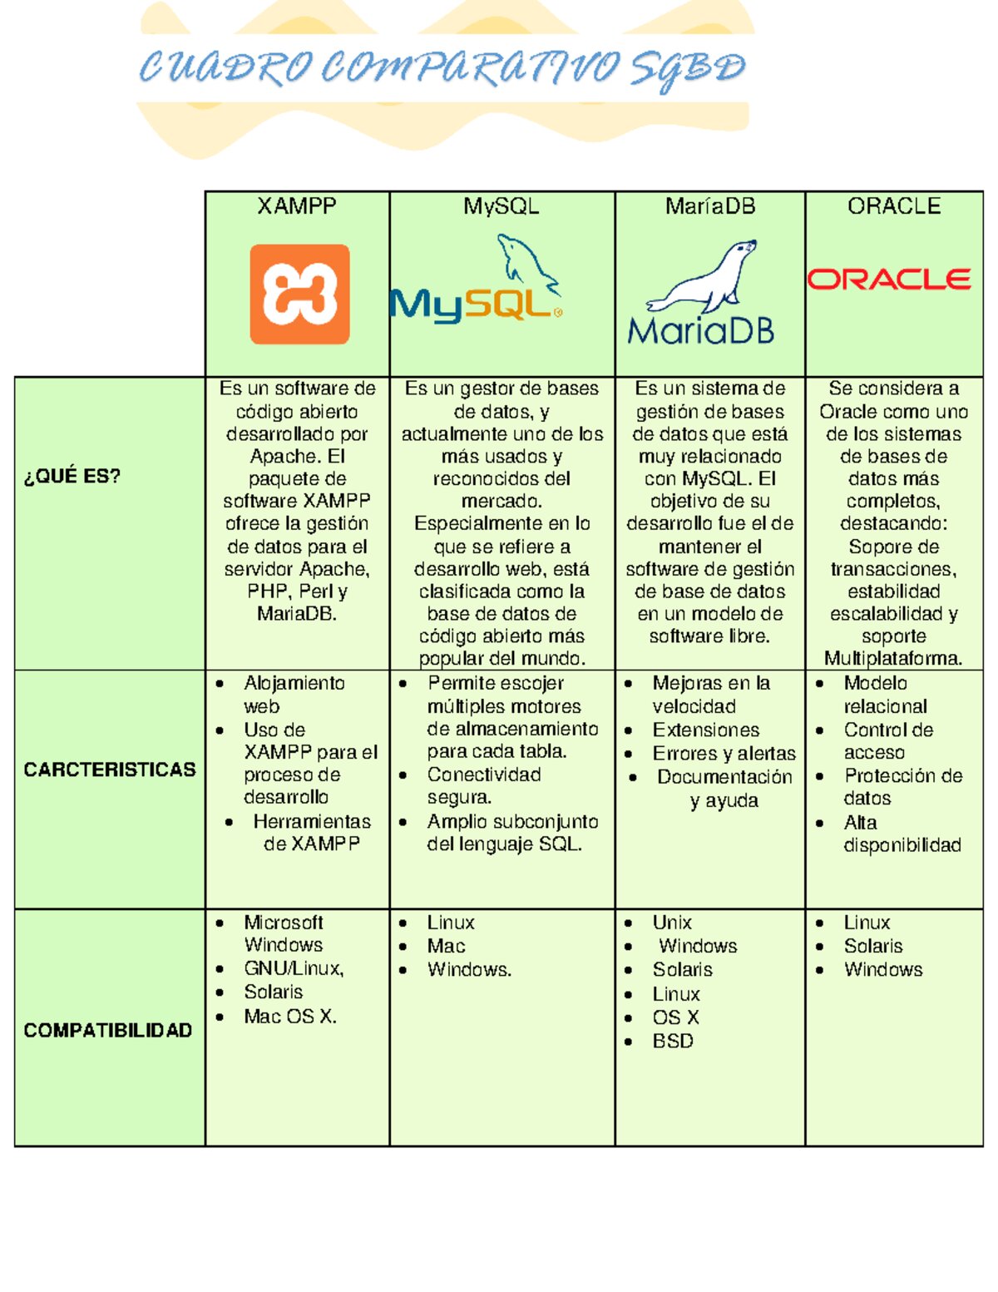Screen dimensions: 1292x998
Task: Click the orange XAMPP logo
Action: (x=299, y=294)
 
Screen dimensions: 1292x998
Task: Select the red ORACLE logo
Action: (x=889, y=279)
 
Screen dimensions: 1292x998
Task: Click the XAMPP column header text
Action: (x=297, y=206)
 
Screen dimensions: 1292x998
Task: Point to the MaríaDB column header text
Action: (x=710, y=206)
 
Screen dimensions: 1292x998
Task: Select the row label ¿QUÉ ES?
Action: (x=72, y=476)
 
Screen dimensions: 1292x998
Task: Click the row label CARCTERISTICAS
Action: (x=110, y=770)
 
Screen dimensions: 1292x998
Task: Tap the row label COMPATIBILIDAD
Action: (x=108, y=1030)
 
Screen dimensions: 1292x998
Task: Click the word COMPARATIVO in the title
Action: (x=470, y=68)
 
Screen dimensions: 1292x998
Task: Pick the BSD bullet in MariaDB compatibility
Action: (x=673, y=1041)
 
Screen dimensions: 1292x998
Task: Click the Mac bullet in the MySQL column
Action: (x=446, y=946)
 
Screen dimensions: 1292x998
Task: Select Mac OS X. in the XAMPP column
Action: (x=290, y=1016)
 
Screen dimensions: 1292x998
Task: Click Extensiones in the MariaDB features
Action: (x=706, y=730)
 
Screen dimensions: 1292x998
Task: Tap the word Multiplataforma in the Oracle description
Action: (x=893, y=658)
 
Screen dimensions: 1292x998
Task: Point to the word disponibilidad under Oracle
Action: (x=902, y=845)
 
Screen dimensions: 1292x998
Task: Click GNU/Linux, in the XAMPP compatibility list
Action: (x=294, y=968)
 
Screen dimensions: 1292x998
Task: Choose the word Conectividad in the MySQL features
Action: (x=484, y=775)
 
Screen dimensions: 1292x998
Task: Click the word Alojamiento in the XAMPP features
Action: (x=294, y=683)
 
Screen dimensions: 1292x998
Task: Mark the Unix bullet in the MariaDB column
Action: (x=672, y=923)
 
